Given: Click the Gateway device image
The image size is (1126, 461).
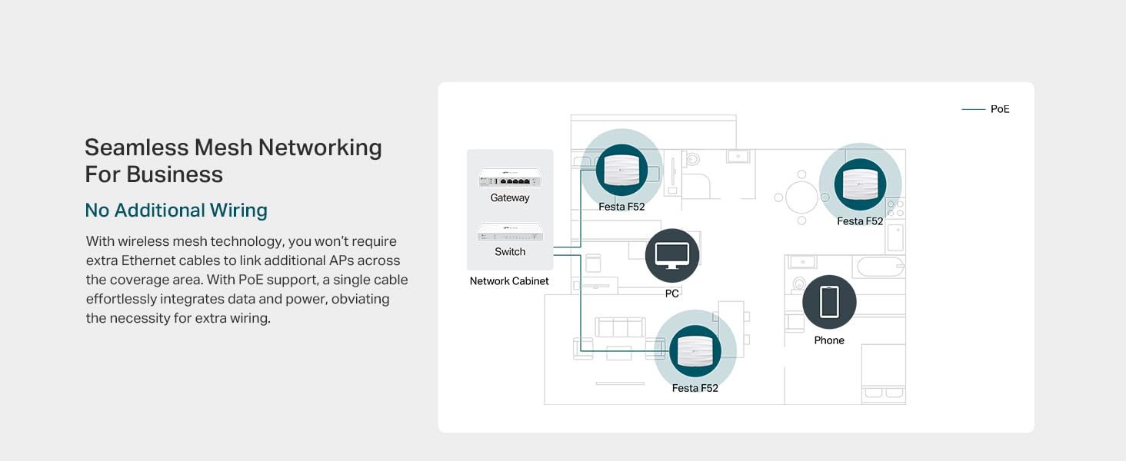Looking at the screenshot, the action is [510, 178].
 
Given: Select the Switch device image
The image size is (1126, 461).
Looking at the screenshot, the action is [510, 232].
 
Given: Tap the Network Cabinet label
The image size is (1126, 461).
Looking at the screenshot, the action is [509, 281].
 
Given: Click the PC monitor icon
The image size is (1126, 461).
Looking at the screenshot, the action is [672, 255].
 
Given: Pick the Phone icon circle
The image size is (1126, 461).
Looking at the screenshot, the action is [829, 302].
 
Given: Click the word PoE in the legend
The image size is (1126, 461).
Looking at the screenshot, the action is [1000, 109].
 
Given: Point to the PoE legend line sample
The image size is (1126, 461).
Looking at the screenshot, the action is [973, 109].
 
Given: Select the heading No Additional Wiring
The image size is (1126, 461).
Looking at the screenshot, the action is [176, 211].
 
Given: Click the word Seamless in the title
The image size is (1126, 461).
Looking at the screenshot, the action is [136, 148].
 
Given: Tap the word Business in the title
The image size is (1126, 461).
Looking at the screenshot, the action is [175, 174].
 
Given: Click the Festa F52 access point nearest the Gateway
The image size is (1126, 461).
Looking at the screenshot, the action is [621, 171].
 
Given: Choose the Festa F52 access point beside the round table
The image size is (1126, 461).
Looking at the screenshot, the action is [860, 184].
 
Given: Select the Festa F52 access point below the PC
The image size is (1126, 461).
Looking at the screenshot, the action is [695, 351].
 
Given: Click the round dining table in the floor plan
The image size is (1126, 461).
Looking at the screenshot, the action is [801, 197].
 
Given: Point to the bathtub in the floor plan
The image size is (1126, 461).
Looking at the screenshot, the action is [880, 267].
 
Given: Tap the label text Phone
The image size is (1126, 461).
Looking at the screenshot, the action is [829, 340].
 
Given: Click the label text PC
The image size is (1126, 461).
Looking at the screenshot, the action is [672, 294].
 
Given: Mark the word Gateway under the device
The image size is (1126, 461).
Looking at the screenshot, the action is [510, 198].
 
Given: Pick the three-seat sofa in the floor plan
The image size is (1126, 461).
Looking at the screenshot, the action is [621, 327].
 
